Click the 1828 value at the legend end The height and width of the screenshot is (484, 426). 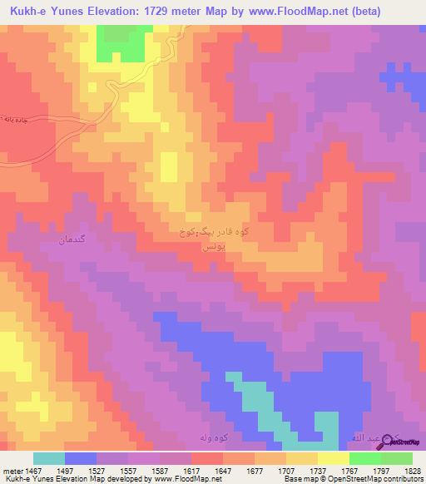tap(409, 471)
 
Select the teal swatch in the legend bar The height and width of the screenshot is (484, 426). tap(49, 458)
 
